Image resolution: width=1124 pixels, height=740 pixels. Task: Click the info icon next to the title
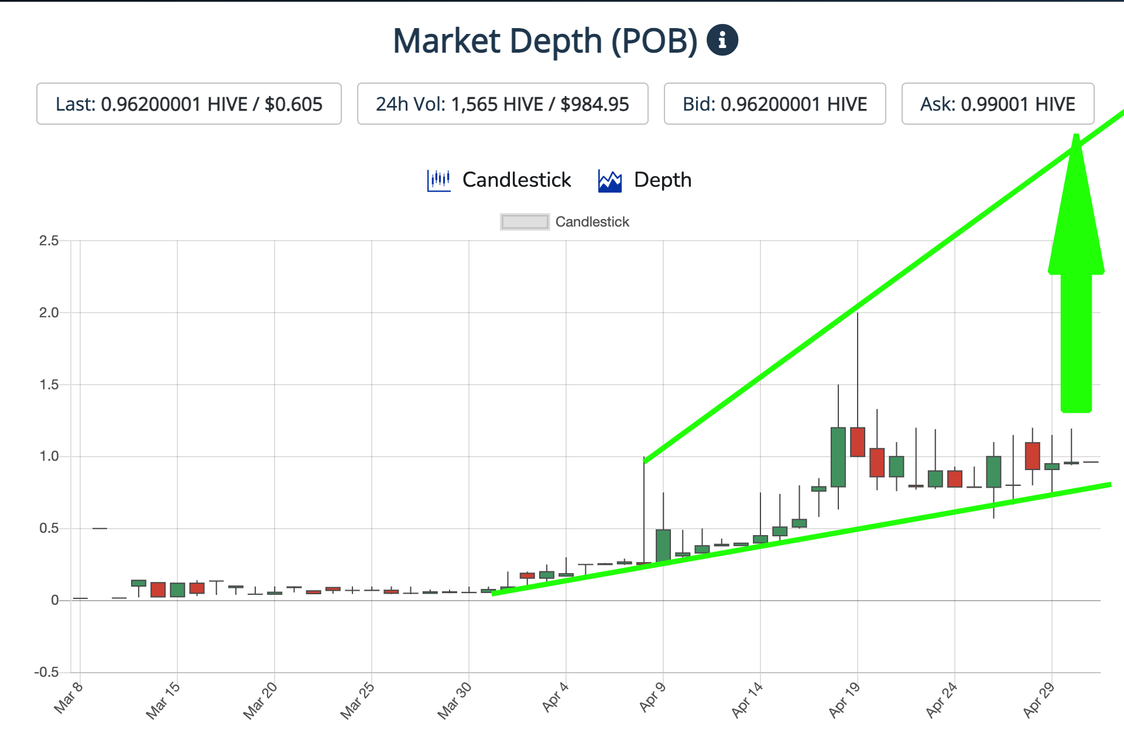pos(722,40)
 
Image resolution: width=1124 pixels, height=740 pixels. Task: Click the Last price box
pos(189,104)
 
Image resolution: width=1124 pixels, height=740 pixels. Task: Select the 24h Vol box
pos(502,104)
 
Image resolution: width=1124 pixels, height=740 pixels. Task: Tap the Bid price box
pos(775,104)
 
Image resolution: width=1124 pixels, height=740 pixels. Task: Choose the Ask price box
pos(998,104)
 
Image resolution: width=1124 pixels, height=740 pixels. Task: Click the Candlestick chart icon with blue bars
pos(438,180)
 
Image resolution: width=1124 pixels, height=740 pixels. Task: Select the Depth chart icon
pos(609,180)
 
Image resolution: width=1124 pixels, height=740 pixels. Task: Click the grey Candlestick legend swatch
pos(525,222)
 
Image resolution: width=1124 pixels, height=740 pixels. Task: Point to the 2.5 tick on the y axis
pos(49,241)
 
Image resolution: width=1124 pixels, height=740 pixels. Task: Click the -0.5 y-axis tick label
pos(47,672)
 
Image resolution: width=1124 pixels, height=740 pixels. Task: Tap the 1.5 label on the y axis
pos(49,385)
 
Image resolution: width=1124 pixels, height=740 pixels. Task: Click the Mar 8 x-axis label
pos(68,698)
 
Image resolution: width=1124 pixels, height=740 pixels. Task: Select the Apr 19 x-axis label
pos(844,700)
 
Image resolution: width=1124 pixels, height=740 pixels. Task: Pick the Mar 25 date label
pos(357,700)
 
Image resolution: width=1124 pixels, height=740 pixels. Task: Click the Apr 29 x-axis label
pos(1039,700)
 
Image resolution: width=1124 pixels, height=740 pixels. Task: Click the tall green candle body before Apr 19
pos(838,457)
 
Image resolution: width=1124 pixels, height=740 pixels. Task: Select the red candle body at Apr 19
pos(858,442)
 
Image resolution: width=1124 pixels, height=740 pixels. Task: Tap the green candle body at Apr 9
pos(663,546)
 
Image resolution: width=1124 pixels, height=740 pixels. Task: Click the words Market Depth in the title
pos(497,41)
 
